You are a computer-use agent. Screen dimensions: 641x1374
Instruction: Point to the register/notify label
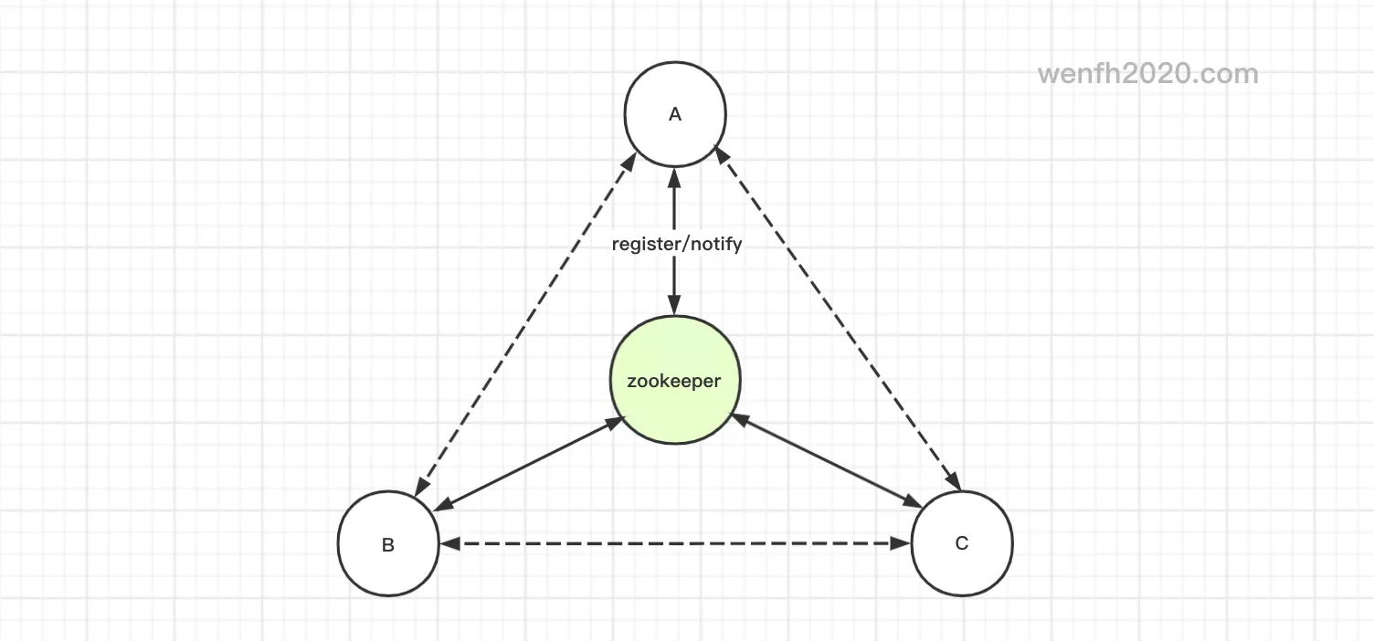point(676,245)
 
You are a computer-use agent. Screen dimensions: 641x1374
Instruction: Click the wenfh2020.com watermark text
point(1147,74)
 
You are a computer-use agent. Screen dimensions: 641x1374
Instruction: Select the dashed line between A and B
point(526,325)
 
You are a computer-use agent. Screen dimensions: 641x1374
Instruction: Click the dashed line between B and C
point(675,543)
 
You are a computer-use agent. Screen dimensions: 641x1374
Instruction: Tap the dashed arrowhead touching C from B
point(902,543)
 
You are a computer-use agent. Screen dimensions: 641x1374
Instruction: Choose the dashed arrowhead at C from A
point(952,481)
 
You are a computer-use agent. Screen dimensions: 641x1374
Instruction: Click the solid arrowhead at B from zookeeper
point(442,505)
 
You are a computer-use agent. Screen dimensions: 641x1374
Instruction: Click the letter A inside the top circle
point(675,114)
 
